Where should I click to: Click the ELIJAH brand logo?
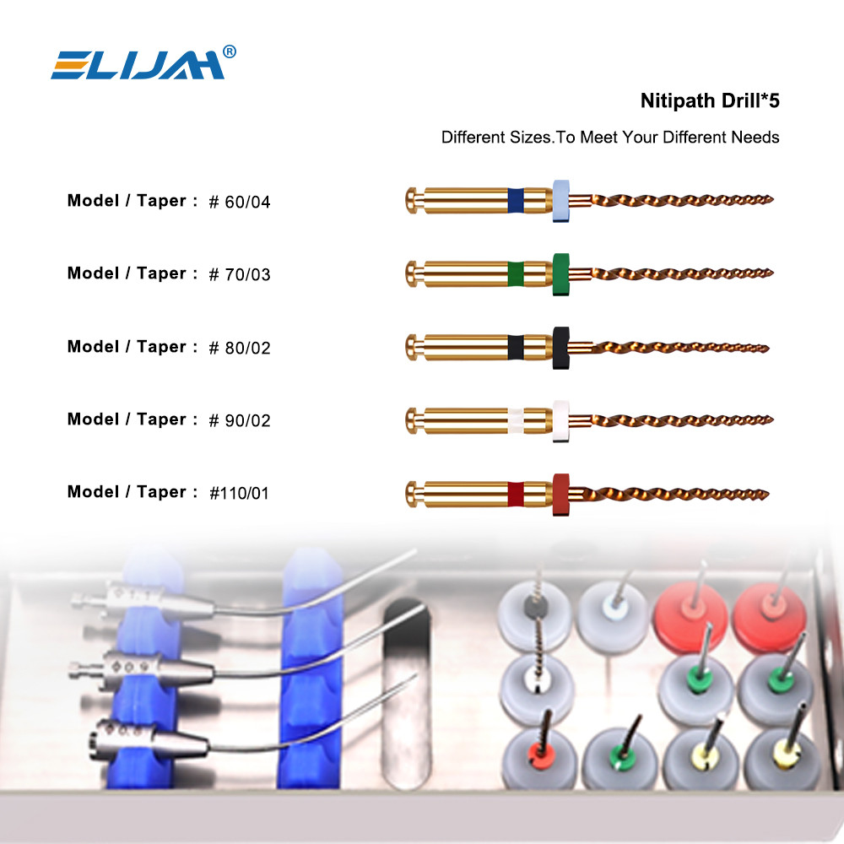click(x=138, y=65)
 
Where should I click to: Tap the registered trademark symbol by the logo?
click(x=230, y=51)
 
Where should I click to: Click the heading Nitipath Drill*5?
click(x=710, y=100)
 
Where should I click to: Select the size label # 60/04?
click(x=240, y=202)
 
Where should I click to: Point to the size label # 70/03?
click(x=240, y=274)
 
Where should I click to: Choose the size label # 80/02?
click(x=240, y=348)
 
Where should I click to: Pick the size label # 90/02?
click(x=240, y=420)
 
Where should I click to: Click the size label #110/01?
click(x=239, y=493)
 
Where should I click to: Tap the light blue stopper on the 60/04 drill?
click(x=561, y=201)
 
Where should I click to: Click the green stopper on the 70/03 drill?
click(x=561, y=274)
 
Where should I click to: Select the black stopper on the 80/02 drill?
click(x=561, y=348)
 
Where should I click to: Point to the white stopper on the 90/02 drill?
click(x=561, y=421)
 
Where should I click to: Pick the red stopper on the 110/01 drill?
click(x=561, y=495)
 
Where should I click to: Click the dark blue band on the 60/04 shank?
click(x=516, y=200)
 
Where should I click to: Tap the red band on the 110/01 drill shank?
click(x=516, y=494)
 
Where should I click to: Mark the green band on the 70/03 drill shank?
click(x=516, y=273)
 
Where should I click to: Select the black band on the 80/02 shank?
click(x=516, y=347)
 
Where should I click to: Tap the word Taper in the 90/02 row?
click(x=161, y=419)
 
